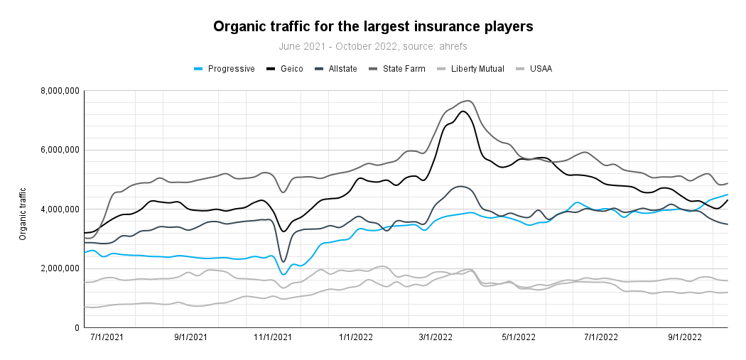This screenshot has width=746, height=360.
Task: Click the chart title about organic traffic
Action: [x=373, y=27]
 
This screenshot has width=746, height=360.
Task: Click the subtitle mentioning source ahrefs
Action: [x=373, y=46]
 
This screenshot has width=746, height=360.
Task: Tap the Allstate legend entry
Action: [x=343, y=69]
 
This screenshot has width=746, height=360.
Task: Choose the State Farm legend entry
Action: [x=404, y=69]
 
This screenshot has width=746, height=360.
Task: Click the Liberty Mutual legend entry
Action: [x=477, y=69]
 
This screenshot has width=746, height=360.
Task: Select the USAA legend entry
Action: [x=540, y=69]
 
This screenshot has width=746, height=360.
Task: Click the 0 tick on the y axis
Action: [x=75, y=328]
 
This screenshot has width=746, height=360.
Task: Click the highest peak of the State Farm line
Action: [x=466, y=101]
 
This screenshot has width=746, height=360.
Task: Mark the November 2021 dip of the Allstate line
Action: [x=283, y=261]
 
